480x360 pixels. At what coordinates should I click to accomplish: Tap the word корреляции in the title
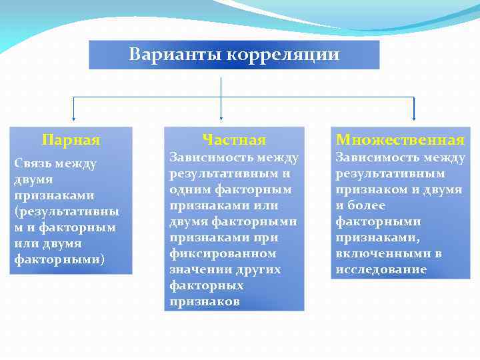pos(283,55)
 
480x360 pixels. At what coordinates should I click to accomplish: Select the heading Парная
pos(71,140)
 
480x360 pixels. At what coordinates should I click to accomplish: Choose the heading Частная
pos(234,140)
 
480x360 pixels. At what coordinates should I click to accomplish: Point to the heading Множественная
pos(400,140)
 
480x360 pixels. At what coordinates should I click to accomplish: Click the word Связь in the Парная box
pos(33,164)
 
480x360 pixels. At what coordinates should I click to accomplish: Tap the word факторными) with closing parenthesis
pos(59,259)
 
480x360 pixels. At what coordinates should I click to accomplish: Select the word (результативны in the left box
pos(67,212)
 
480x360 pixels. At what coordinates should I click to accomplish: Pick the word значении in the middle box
pos(196,270)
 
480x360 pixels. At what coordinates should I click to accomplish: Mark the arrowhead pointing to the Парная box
pos(73,117)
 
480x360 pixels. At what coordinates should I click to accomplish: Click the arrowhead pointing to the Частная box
pos(221,117)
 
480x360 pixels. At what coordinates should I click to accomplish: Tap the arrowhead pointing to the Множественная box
pos(414,117)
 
